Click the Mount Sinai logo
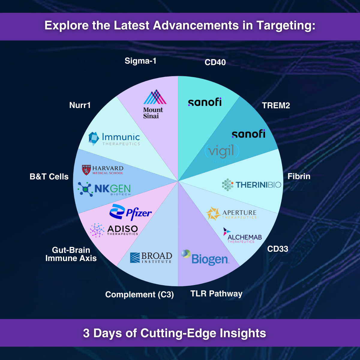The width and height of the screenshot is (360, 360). (154, 104)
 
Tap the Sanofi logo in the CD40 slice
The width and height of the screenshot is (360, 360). (205, 102)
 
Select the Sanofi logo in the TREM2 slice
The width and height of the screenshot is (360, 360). (248, 134)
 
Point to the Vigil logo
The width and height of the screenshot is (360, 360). (222, 152)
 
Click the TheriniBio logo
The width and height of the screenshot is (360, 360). (251, 185)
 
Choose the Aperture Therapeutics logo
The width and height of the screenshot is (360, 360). (231, 214)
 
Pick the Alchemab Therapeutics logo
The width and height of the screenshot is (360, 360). (242, 236)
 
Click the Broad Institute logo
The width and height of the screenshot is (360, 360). (151, 258)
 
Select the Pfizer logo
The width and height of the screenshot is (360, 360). (130, 212)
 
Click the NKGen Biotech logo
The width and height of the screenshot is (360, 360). (104, 189)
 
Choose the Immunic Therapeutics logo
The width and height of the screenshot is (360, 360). (114, 139)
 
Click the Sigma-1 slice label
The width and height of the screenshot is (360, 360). (140, 61)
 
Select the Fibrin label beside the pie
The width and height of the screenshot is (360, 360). (299, 176)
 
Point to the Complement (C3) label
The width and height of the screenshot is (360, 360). (139, 295)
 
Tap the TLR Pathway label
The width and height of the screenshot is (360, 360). (216, 293)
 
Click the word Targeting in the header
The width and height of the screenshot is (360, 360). (286, 25)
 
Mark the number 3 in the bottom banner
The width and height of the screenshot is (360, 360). (86, 333)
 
